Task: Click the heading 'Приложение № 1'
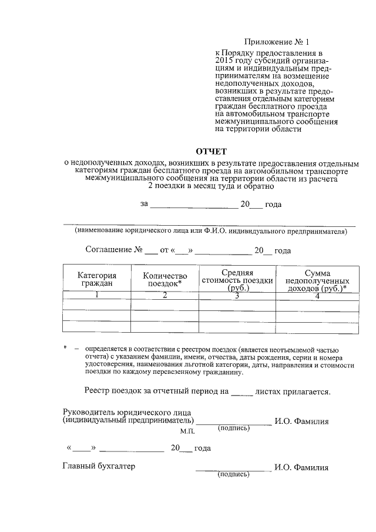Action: (x=276, y=42)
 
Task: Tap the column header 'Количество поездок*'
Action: (x=164, y=279)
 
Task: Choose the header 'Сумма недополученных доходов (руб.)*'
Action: (x=317, y=280)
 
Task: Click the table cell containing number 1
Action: (x=97, y=296)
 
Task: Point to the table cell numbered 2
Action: (x=165, y=296)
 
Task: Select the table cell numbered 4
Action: (x=317, y=296)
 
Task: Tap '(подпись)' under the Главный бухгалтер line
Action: (x=233, y=474)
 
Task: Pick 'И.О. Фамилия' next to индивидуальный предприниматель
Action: (x=301, y=421)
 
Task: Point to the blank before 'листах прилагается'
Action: (x=241, y=391)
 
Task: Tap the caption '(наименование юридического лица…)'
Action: (x=210, y=231)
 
